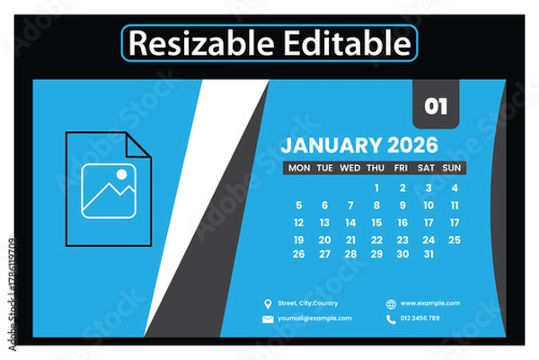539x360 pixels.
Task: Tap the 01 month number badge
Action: click(x=436, y=106)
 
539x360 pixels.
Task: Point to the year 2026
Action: click(x=412, y=145)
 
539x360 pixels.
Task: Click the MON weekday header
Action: click(x=299, y=168)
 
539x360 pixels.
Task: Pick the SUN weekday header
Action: click(x=453, y=168)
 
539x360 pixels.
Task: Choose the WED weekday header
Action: click(x=350, y=168)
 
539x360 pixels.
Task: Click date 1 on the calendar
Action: click(x=376, y=188)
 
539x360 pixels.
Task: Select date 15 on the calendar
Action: click(x=376, y=223)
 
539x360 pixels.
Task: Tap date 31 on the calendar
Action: click(x=429, y=254)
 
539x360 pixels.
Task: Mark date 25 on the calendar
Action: click(x=455, y=240)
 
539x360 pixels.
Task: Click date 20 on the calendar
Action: click(x=324, y=240)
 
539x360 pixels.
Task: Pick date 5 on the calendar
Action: click(x=299, y=206)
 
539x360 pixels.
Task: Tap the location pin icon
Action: click(x=267, y=303)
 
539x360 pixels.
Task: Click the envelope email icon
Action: click(x=267, y=319)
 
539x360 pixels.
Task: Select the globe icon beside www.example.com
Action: click(x=390, y=303)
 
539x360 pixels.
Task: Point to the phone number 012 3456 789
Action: click(x=420, y=319)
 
